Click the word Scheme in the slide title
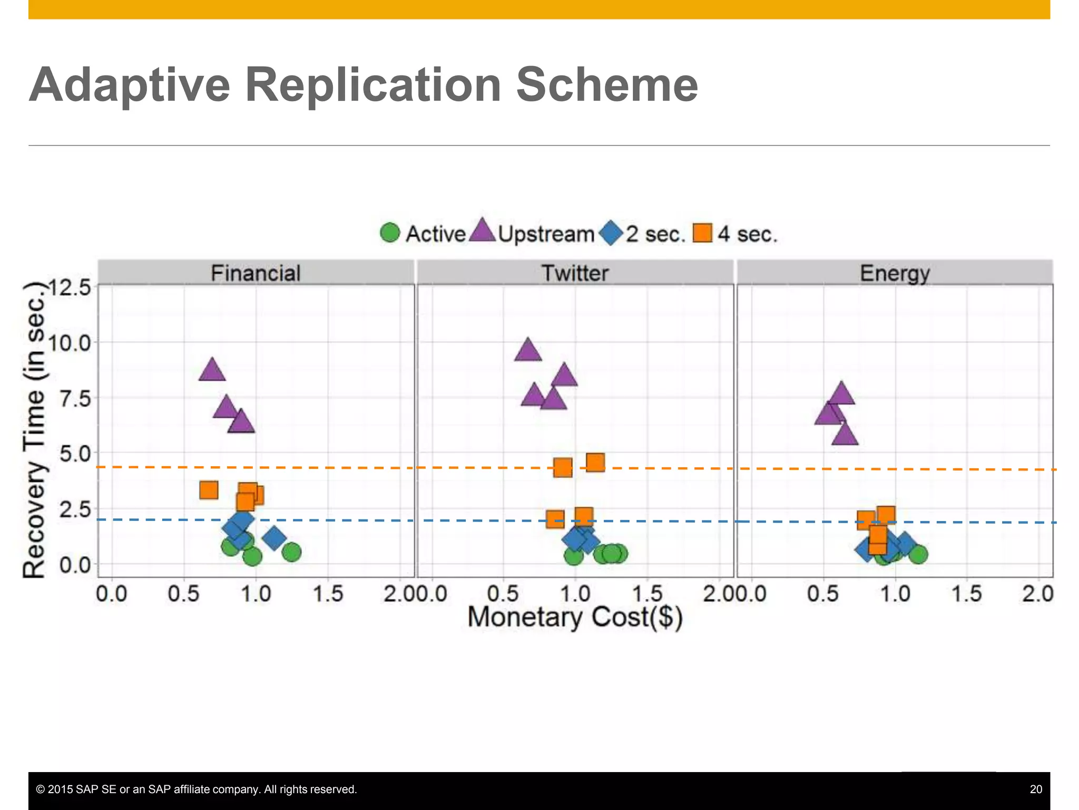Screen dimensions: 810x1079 point(606,85)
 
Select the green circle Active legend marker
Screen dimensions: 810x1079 point(390,233)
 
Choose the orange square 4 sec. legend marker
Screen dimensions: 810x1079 point(702,233)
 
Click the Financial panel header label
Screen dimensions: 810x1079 point(256,273)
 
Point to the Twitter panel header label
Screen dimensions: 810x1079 point(575,273)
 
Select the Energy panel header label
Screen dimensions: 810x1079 point(895,273)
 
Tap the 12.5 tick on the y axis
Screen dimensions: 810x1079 point(70,288)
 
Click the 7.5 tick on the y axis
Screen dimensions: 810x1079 point(75,399)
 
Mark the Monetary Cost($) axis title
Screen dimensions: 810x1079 point(575,617)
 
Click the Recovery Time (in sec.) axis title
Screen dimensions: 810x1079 point(35,430)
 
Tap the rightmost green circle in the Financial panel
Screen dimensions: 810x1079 point(291,552)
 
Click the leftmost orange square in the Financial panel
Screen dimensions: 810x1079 point(209,490)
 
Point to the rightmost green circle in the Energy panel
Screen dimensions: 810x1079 point(918,554)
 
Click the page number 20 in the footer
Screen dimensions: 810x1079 point(1035,789)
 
